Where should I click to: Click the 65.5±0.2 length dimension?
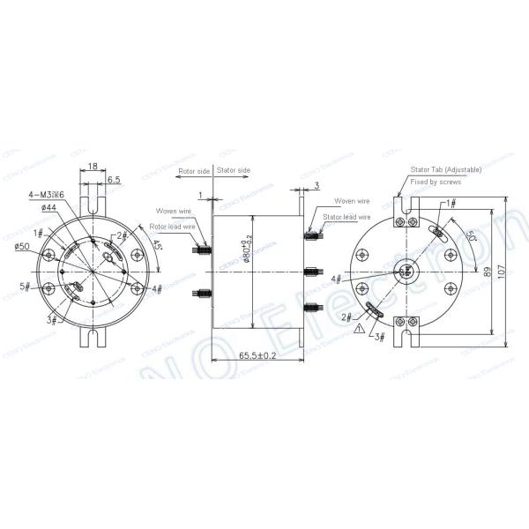259,355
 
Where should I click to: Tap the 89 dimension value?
486,270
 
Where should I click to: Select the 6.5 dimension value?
114,179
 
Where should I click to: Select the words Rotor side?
191,171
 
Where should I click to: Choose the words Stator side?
233,171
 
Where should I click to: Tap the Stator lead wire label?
345,216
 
